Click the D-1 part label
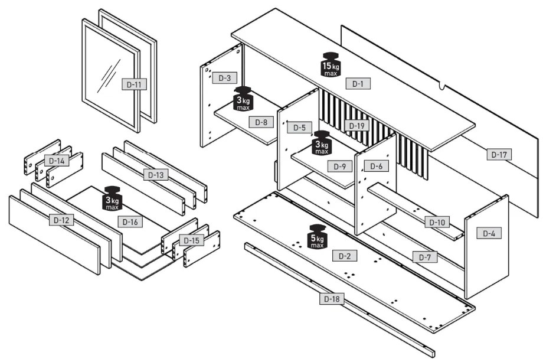click(x=358, y=83)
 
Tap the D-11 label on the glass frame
click(x=134, y=84)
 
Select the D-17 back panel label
click(x=499, y=154)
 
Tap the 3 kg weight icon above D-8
click(x=243, y=99)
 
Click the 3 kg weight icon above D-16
click(x=112, y=198)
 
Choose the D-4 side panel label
click(x=489, y=233)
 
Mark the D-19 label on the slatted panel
click(x=356, y=125)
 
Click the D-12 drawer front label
click(x=61, y=220)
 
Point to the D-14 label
click(x=57, y=160)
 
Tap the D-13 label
click(x=156, y=174)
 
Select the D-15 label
click(x=191, y=240)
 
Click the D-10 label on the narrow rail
click(x=437, y=222)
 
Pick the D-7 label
click(x=424, y=257)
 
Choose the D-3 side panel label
click(x=224, y=77)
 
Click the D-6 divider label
click(x=376, y=167)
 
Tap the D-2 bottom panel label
click(x=345, y=256)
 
